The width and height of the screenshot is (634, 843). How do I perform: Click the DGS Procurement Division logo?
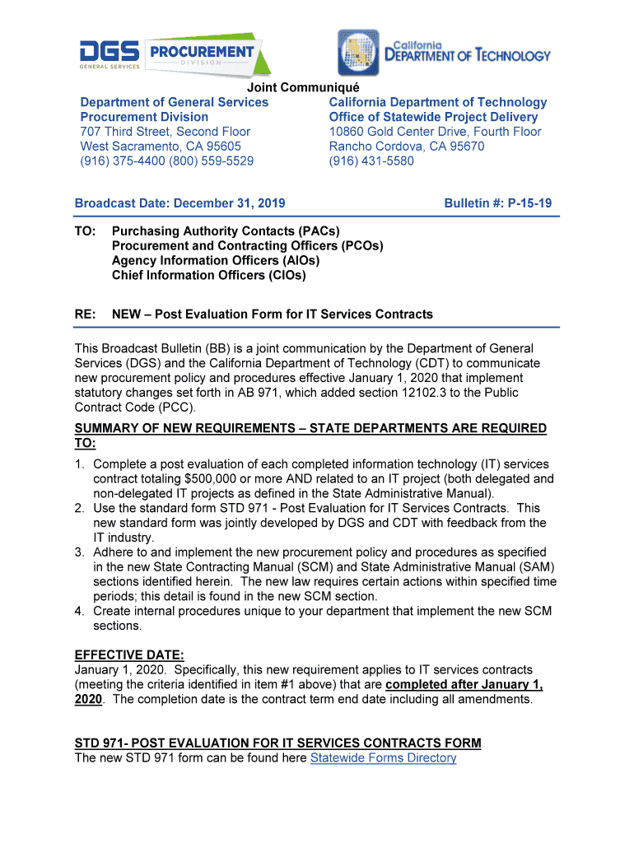tap(177, 54)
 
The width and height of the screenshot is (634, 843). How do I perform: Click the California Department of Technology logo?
tap(443, 53)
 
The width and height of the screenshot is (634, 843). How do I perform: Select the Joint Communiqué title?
tap(304, 88)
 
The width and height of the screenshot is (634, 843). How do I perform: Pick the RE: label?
tap(85, 314)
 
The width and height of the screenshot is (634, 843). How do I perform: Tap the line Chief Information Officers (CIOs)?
tap(208, 276)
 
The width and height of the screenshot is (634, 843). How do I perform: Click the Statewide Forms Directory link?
tap(383, 757)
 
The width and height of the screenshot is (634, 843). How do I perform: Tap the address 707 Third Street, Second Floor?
tap(165, 132)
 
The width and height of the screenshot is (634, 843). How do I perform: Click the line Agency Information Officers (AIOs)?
tap(216, 261)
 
